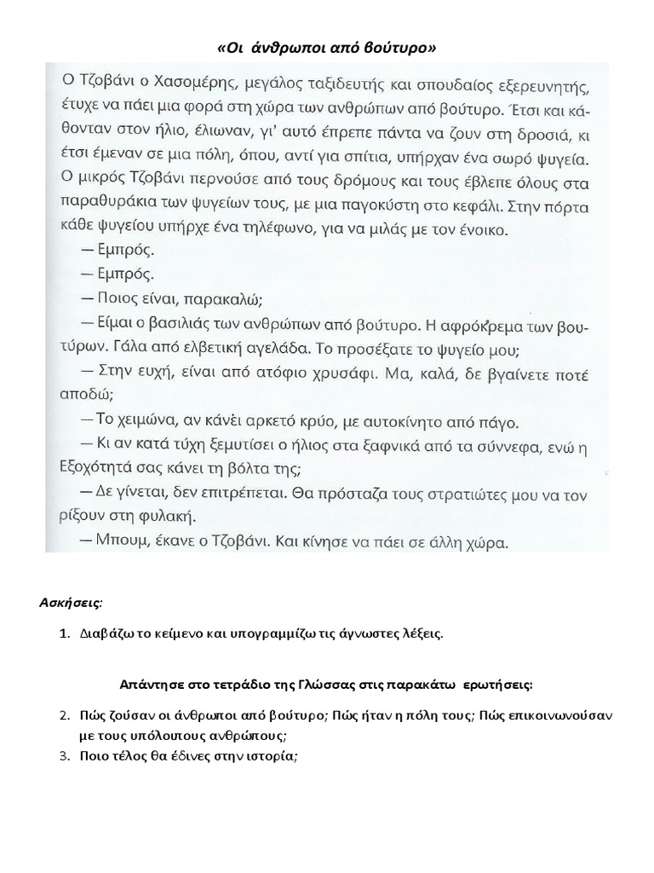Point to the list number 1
pos(63,633)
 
